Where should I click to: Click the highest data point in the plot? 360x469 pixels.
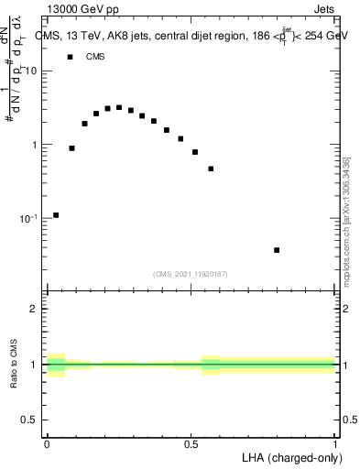pyautogui.click(x=119, y=107)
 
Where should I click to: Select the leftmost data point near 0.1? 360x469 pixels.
pyautogui.click(x=56, y=215)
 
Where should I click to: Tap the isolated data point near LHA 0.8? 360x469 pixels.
pyautogui.click(x=277, y=250)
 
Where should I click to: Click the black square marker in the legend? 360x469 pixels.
pyautogui.click(x=71, y=57)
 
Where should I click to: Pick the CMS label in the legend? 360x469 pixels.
pyautogui.click(x=95, y=57)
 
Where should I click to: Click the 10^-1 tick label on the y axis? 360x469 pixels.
pyautogui.click(x=30, y=219)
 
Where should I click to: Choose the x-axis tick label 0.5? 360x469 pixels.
pyautogui.click(x=191, y=443)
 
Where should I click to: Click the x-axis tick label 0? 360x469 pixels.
pyautogui.click(x=47, y=443)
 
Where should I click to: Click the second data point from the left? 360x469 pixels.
pyautogui.click(x=71, y=147)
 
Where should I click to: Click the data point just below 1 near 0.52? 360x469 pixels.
pyautogui.click(x=195, y=152)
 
